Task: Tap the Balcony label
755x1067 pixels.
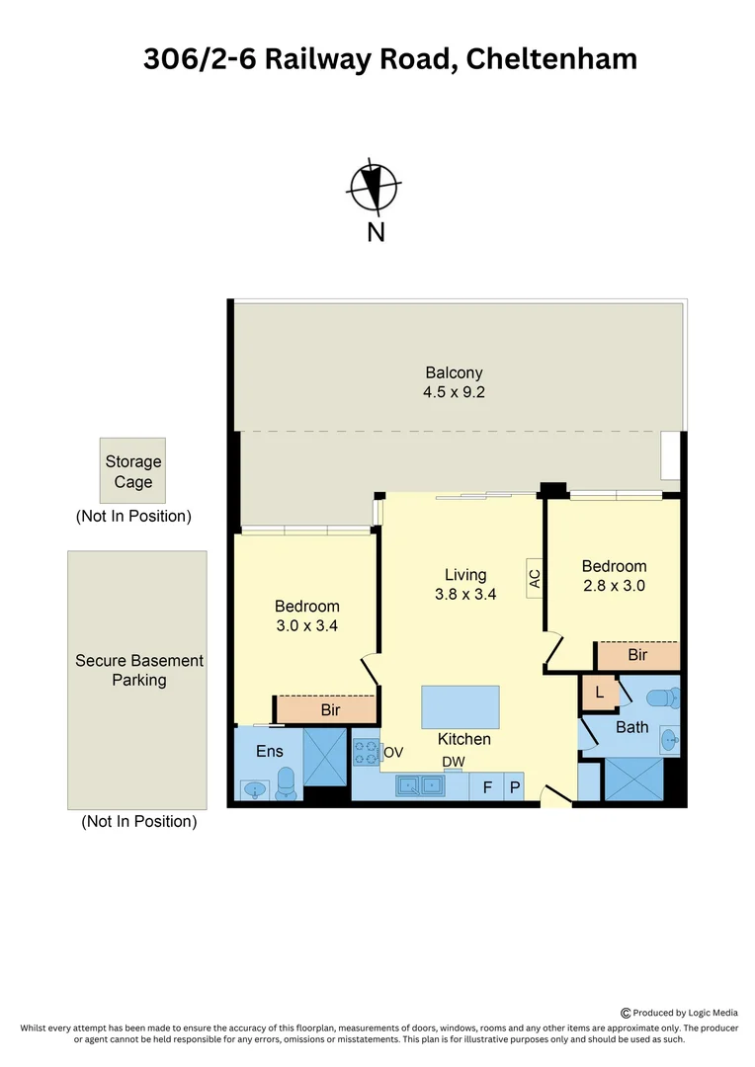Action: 455,372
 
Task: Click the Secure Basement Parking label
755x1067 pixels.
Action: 139,670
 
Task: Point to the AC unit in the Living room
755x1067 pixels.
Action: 535,577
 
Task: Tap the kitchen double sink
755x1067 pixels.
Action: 420,786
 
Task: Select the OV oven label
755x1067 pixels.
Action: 393,753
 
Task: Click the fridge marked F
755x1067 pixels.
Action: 486,787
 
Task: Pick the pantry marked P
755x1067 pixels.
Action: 514,787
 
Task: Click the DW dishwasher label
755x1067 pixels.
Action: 453,762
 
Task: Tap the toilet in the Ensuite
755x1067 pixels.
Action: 287,782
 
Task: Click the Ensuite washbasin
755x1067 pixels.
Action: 256,788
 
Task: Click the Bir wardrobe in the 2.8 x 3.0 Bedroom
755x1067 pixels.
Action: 637,655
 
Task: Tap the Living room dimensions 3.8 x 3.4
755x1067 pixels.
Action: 464,595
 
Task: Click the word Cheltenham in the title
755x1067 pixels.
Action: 550,58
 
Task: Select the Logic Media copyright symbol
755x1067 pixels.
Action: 626,1013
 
